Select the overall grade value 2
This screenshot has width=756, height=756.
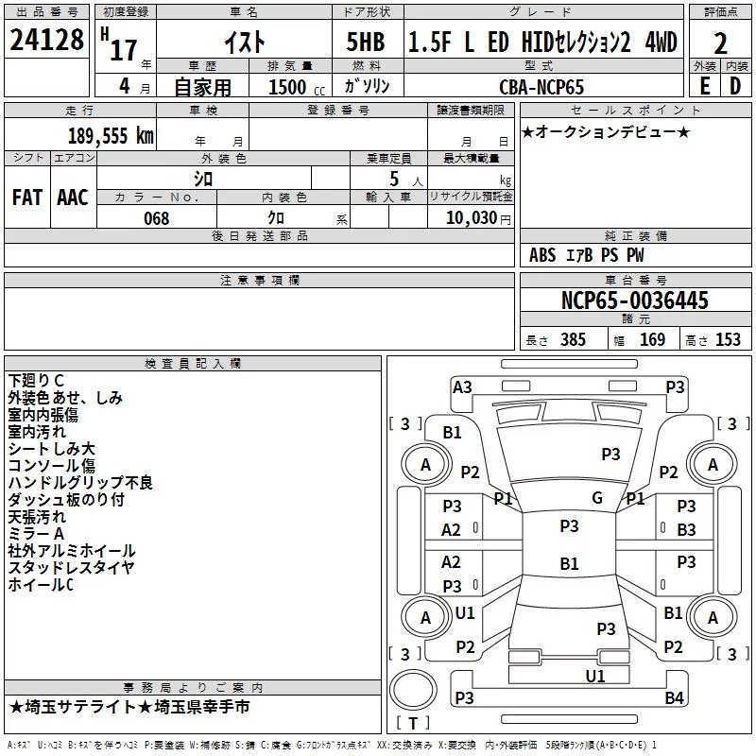[720, 43]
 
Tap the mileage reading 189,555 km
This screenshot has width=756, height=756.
[111, 136]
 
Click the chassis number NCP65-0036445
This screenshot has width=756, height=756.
[635, 301]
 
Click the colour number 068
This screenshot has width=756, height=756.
[156, 218]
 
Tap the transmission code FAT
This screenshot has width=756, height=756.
[27, 198]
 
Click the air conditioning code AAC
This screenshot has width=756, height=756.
[73, 198]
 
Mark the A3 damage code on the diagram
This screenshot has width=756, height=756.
[462, 387]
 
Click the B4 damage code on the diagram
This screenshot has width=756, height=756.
[674, 698]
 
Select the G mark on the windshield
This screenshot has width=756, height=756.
[596, 498]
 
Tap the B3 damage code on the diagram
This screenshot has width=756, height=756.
[686, 530]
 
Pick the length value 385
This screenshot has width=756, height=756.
[573, 340]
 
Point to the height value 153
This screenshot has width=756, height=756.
[728, 340]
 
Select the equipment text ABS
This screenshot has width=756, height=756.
[542, 255]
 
